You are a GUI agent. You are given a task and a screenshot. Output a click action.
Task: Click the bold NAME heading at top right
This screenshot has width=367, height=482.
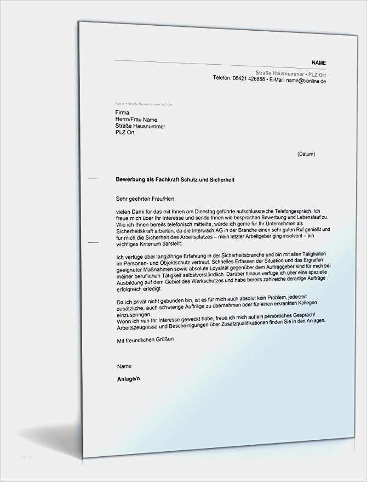point(319,63)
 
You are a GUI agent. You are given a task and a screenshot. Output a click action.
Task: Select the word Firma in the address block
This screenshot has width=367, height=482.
point(123,112)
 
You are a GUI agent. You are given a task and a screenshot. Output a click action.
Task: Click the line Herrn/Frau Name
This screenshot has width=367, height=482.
point(136,120)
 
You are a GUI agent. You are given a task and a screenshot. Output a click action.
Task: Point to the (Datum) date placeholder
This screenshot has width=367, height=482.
point(306,154)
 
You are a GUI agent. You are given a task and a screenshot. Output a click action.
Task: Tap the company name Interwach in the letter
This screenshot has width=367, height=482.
point(219,230)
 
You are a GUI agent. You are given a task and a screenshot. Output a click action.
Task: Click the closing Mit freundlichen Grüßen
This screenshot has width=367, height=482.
point(145,340)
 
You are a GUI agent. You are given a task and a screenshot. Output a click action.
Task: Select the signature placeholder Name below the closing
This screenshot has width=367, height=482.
point(124,366)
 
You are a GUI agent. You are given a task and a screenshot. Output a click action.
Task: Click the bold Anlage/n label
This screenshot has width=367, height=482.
point(128,378)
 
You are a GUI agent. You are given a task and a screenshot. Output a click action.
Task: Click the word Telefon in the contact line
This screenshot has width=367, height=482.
point(222,78)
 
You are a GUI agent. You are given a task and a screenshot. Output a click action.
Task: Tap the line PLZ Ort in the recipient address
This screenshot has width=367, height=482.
point(125,133)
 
